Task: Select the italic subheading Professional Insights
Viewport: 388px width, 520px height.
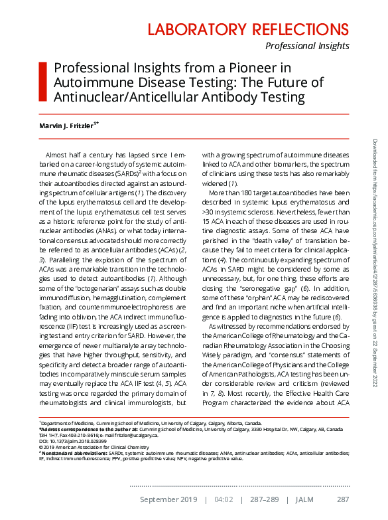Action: (x=307, y=46)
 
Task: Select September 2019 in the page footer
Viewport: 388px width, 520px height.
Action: (x=168, y=499)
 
